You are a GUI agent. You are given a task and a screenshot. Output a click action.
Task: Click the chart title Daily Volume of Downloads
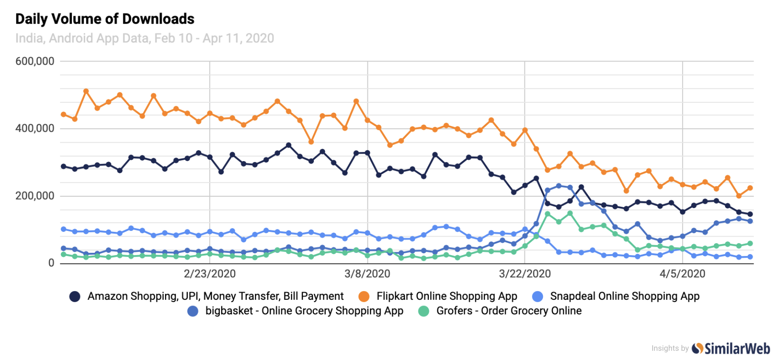click(x=104, y=19)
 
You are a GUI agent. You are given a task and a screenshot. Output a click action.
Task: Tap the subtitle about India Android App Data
click(x=144, y=38)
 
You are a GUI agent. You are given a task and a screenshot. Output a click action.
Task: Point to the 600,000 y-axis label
click(x=35, y=61)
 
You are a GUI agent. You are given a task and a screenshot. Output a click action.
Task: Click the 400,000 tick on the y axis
click(x=35, y=128)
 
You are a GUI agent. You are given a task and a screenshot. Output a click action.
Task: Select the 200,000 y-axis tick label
click(x=35, y=196)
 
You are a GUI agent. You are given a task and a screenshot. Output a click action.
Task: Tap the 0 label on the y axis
click(x=51, y=263)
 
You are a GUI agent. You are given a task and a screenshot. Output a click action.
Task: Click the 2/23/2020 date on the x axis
click(x=209, y=274)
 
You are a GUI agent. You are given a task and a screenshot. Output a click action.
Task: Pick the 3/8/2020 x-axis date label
click(x=367, y=274)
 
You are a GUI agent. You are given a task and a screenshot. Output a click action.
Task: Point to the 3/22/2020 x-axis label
click(x=525, y=274)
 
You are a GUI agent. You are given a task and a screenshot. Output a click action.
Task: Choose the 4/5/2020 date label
click(x=682, y=274)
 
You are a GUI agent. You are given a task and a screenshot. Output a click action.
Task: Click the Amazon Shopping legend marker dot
click(x=75, y=297)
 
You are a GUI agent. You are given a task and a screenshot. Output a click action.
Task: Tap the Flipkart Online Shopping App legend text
click(x=446, y=296)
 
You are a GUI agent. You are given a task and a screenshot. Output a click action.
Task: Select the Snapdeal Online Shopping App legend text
click(x=625, y=296)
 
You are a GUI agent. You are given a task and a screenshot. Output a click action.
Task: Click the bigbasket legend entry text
click(x=304, y=311)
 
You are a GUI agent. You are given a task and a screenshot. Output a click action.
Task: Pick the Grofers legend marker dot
click(x=424, y=311)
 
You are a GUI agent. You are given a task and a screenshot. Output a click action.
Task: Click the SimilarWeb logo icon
click(x=697, y=348)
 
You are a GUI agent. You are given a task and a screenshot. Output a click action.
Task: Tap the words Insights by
click(x=670, y=348)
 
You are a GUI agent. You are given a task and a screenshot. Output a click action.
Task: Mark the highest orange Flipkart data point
click(x=86, y=91)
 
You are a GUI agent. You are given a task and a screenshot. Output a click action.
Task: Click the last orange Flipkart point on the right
click(x=750, y=188)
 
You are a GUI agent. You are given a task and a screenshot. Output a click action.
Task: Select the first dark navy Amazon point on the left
click(x=64, y=166)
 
